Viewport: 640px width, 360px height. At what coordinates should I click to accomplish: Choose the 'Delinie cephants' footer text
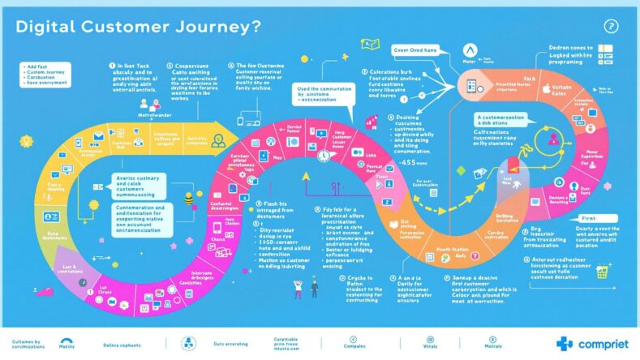[128, 345]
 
